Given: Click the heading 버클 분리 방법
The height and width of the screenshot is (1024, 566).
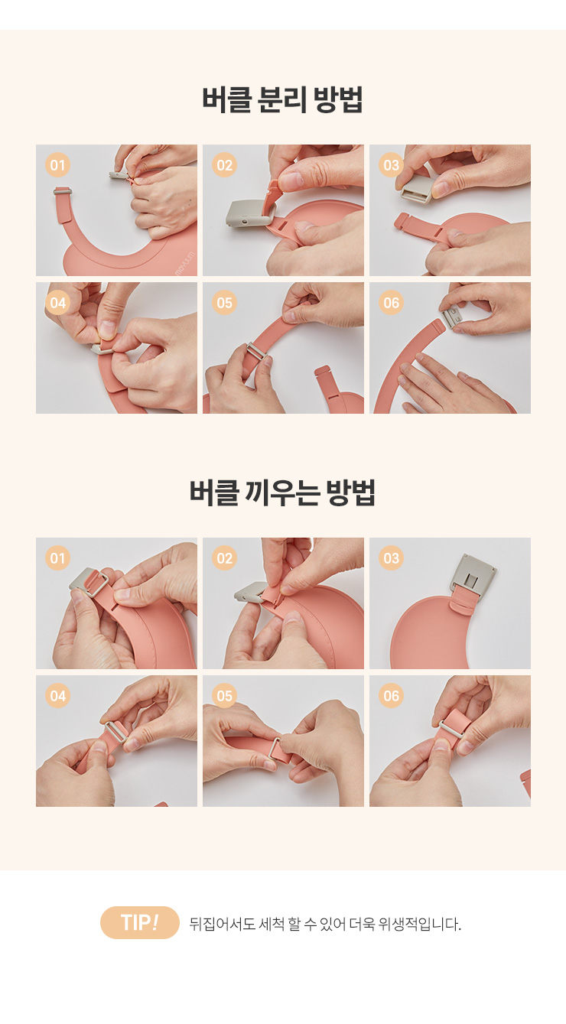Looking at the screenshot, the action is coord(282,99).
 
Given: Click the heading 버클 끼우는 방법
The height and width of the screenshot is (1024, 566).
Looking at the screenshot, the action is coord(282,492).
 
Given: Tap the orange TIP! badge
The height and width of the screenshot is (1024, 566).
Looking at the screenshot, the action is coord(139,922).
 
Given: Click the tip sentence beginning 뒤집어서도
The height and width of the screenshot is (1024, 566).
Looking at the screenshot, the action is coord(325,924).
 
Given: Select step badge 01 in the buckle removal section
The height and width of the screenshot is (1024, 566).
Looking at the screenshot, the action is coord(57,164).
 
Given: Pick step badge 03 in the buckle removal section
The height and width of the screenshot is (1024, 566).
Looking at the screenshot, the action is coord(391,164).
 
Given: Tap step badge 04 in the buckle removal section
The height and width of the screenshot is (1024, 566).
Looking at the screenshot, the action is coord(57,302).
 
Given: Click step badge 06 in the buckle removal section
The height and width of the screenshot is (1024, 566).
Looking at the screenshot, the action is coord(391,302).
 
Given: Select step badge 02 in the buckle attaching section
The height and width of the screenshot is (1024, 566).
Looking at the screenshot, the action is coord(224,558).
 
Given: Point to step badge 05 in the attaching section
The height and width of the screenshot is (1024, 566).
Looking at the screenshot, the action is coord(224,695).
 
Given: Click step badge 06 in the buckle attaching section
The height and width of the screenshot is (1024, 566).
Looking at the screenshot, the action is coord(391,695).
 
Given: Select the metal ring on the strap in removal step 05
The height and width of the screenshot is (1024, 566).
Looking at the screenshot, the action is coord(256,353).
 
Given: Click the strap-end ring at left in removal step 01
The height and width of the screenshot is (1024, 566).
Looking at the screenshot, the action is coord(62,190).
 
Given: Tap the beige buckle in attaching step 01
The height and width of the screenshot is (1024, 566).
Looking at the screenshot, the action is coord(89,583).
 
